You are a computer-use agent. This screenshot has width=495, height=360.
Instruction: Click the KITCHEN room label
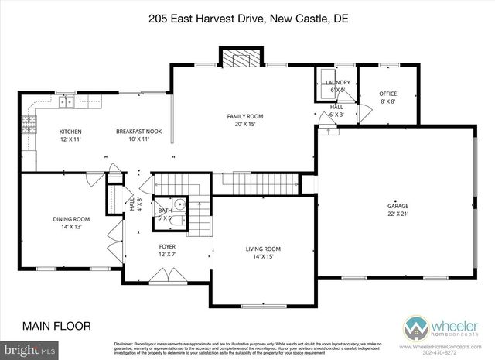coord(70,132)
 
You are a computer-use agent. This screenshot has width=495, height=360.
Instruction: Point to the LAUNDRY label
coord(338,83)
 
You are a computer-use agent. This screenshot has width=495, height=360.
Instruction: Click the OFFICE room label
coord(388,94)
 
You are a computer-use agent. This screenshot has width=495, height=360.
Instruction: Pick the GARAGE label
coord(398,206)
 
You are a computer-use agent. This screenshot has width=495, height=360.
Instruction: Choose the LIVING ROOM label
coord(263,249)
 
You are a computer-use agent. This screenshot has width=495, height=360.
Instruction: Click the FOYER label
coord(169,249)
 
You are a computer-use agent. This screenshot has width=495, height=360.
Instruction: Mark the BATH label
coord(165,211)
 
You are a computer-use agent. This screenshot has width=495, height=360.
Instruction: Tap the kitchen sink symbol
coord(68,101)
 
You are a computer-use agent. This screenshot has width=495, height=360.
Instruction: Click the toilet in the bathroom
coord(179,205)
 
